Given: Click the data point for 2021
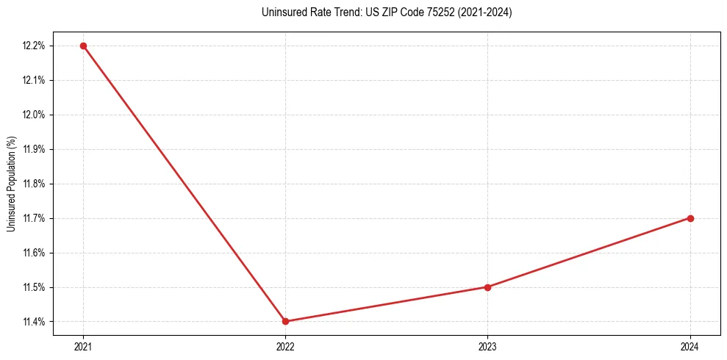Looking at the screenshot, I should coord(83,46).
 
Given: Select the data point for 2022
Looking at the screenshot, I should coord(285,321).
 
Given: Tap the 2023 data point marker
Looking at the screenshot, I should coord(487,287).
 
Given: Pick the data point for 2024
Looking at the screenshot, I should coord(690,218).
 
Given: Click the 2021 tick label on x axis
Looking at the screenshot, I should coord(83,346).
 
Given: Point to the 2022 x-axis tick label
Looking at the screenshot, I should coord(285,346).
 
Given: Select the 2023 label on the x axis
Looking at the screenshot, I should coord(487,346).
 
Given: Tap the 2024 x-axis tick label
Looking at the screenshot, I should coord(690,346).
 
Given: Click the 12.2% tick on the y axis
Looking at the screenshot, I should coord(34,46).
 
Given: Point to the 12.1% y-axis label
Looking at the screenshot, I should coord(34,80).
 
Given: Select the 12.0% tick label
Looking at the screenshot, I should coord(34,115).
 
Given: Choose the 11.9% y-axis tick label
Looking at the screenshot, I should coord(34,149).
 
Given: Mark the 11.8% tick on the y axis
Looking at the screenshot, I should coord(34,184).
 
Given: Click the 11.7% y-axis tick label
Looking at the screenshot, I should coord(34,218).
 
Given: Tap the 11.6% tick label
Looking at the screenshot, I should coord(34,253).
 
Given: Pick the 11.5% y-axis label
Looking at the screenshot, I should coord(34,287).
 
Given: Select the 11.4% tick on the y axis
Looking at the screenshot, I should coord(34,322).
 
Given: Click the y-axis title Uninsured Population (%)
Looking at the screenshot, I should coord(11,184).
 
